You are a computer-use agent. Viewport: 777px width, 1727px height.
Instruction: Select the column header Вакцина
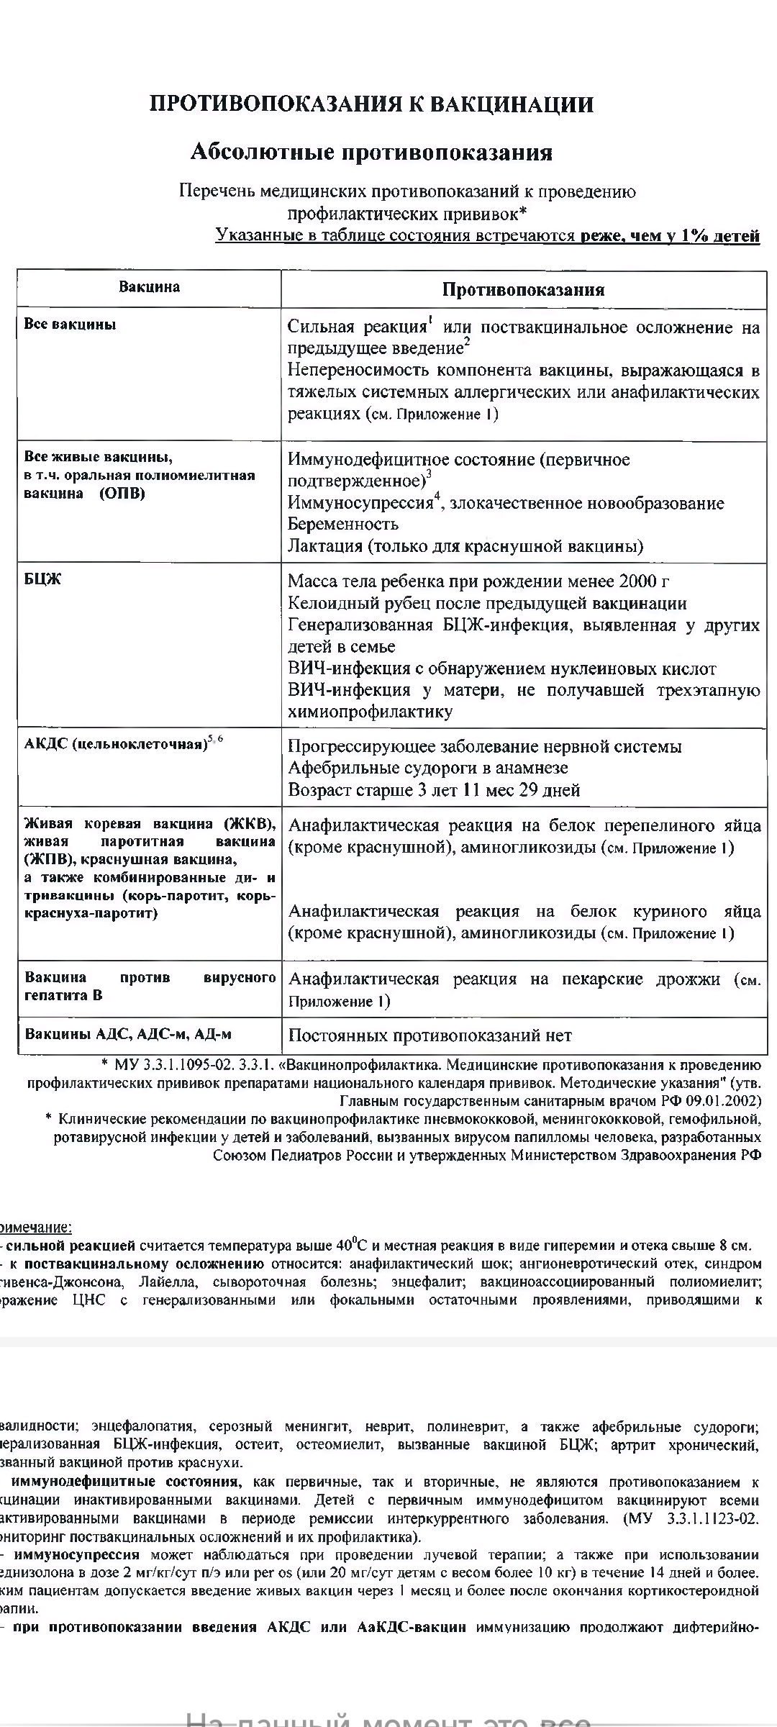(x=149, y=287)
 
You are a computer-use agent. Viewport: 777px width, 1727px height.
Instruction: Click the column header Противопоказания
(x=523, y=290)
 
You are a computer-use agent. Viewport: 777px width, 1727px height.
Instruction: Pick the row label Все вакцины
(x=70, y=325)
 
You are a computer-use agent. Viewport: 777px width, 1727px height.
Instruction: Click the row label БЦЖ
(x=43, y=580)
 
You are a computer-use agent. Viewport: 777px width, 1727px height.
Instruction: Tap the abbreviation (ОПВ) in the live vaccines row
(x=122, y=494)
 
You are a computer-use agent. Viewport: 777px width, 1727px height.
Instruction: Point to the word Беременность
(x=343, y=524)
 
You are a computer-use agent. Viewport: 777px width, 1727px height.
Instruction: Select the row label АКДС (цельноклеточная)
(x=115, y=744)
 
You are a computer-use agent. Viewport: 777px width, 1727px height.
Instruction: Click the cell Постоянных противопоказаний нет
(x=430, y=1036)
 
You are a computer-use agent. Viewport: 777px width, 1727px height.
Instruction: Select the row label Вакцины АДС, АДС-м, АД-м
(x=128, y=1035)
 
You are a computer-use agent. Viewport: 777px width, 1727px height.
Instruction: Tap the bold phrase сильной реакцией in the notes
(x=70, y=1246)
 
